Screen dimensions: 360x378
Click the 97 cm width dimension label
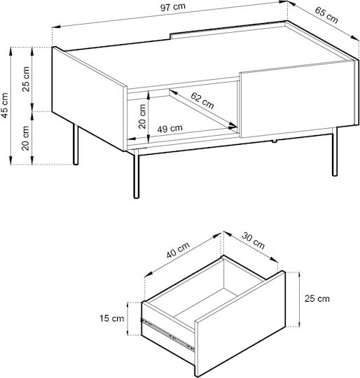(x=173, y=7)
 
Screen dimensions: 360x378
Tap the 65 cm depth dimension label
(x=326, y=15)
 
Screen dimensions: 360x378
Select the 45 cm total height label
(x=5, y=105)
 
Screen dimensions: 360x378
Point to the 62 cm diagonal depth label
(x=202, y=100)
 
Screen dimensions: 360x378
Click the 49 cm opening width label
(x=169, y=129)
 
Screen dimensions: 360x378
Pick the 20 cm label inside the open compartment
(x=142, y=116)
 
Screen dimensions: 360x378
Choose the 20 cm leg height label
(x=25, y=138)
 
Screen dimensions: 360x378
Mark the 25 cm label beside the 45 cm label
(x=25, y=79)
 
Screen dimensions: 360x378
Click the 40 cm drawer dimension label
(x=178, y=250)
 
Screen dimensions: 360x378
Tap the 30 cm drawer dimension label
(x=253, y=240)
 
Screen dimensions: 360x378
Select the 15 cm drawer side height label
(x=111, y=318)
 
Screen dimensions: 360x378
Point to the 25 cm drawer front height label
(x=317, y=298)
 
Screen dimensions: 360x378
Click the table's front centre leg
(x=137, y=174)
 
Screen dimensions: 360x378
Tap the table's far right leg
(x=335, y=152)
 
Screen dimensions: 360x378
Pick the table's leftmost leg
(x=76, y=144)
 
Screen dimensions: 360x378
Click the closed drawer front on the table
(x=297, y=99)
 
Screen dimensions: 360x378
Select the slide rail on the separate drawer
(x=167, y=334)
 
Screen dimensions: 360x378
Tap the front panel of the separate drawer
(x=240, y=323)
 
